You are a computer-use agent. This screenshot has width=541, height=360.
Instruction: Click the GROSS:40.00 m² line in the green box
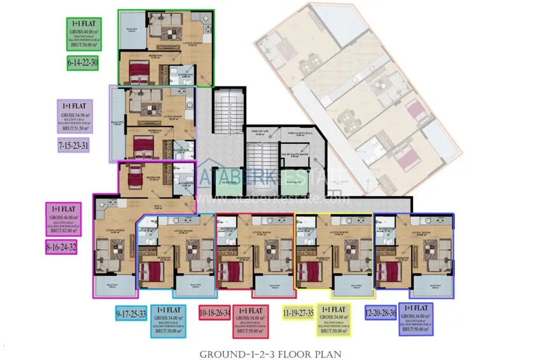coord(83,31)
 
